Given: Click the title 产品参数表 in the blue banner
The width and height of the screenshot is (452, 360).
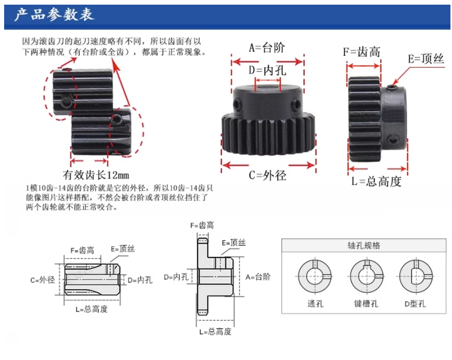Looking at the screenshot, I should tap(54, 14).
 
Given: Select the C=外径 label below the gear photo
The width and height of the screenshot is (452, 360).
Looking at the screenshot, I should tap(267, 175).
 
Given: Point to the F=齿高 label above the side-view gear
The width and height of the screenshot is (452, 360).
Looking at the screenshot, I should tap(362, 52).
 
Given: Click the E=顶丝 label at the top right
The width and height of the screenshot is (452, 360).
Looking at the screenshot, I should tap(426, 59).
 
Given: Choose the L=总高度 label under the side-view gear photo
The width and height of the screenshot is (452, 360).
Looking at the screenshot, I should tap(376, 182).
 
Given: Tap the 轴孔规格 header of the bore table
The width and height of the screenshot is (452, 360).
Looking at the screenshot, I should tap(364, 246).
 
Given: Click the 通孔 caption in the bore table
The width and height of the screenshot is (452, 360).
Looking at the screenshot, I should tap(314, 304).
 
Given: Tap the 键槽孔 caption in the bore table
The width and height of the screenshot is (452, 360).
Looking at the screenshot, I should tap(366, 304).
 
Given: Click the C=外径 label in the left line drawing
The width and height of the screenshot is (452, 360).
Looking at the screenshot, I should tap(43, 280).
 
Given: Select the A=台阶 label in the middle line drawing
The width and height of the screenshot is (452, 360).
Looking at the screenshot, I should tap(258, 277).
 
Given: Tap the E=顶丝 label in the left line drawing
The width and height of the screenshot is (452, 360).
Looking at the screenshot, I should tap(123, 249).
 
